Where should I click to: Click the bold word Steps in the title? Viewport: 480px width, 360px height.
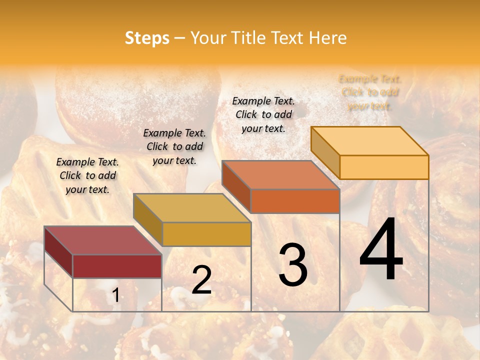point(147,38)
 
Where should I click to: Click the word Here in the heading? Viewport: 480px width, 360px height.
point(327,38)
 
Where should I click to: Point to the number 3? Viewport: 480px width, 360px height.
point(292,265)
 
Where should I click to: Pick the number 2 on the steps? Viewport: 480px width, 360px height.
point(201,279)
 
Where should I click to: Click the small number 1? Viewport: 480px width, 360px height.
point(115,295)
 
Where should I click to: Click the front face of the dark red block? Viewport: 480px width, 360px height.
point(117,266)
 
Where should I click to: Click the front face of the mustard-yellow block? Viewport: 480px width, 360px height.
point(206,234)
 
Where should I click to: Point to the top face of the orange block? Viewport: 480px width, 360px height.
point(280,175)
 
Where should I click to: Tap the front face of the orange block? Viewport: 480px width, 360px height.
point(295,201)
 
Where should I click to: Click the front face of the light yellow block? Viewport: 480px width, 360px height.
point(384,167)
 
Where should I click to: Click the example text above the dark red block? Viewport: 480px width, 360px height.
point(87,175)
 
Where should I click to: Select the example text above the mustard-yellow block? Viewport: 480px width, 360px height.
point(174,146)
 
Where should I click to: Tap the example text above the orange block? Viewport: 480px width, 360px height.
point(263,114)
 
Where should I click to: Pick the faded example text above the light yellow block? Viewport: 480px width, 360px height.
point(370,92)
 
